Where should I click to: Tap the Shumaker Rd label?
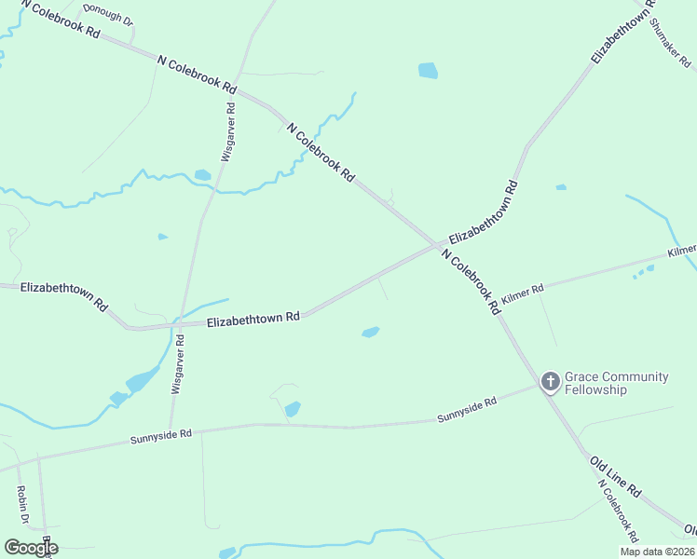(x=672, y=44)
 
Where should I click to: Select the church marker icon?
(x=551, y=381)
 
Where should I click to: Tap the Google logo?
(x=31, y=547)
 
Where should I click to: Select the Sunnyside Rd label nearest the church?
(x=467, y=410)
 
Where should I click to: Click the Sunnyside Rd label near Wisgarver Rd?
(x=160, y=435)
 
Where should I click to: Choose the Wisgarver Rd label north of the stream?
(x=227, y=131)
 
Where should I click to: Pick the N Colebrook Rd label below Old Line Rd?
(x=619, y=512)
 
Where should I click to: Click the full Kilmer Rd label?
(x=522, y=294)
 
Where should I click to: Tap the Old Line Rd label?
(x=615, y=475)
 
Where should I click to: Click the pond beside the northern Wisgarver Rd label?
(x=202, y=174)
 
